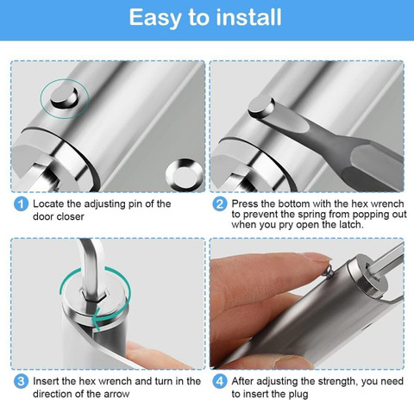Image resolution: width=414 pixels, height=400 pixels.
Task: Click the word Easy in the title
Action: tap(155, 18)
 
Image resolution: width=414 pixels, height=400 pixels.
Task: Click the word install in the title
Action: tap(248, 17)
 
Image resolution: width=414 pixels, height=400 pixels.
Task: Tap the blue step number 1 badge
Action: tap(21, 204)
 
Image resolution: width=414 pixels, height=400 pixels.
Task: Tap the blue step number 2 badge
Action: tap(220, 204)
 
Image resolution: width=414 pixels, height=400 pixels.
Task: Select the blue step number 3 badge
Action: tap(21, 382)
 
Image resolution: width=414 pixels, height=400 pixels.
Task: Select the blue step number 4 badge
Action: tap(220, 382)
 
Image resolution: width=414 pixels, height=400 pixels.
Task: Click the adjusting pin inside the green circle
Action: tap(64, 97)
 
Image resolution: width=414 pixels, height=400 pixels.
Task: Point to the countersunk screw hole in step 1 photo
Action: tap(185, 175)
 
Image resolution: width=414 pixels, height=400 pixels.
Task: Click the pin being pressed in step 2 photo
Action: tap(261, 106)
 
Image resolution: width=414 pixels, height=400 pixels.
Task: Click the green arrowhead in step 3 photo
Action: tap(97, 318)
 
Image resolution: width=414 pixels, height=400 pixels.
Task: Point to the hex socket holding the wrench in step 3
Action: tap(94, 296)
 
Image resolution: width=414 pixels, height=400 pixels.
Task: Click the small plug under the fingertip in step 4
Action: tap(329, 271)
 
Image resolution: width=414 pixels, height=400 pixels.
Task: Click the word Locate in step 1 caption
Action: tap(48, 203)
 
